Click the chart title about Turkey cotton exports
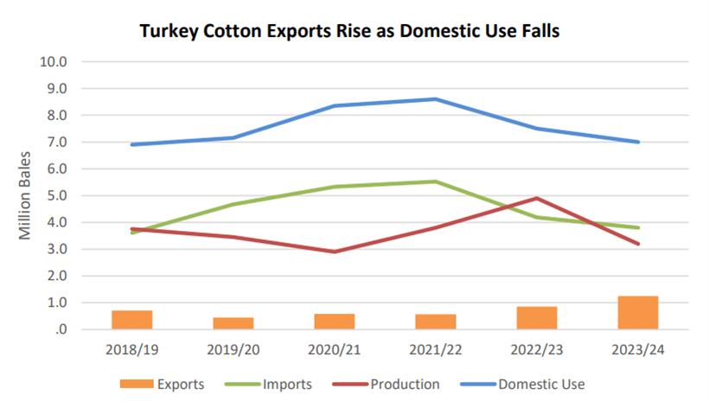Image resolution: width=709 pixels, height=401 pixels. (349, 32)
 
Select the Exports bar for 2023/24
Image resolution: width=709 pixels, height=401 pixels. (638, 313)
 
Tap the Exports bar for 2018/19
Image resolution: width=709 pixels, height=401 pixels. (131, 320)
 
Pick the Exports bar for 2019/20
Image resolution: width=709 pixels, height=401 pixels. (233, 323)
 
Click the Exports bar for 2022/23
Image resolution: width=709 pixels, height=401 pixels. (537, 318)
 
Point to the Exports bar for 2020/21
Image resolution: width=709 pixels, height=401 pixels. (334, 321)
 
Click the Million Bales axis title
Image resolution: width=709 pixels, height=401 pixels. (26, 196)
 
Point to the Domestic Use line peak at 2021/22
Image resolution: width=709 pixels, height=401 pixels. (436, 99)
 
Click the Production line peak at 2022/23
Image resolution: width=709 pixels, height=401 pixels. (537, 198)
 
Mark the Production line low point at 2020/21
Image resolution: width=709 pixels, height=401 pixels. (334, 251)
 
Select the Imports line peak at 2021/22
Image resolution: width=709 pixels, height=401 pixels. (436, 181)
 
